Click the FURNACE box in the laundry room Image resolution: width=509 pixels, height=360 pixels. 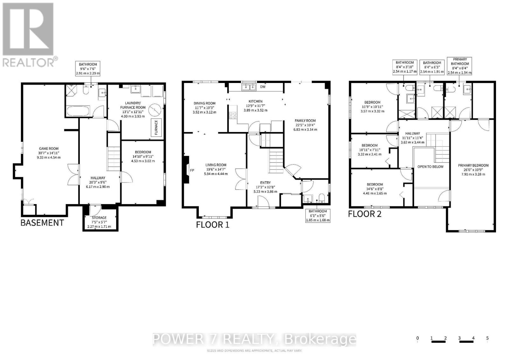point(156,128)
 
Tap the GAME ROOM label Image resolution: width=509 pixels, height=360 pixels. point(49,149)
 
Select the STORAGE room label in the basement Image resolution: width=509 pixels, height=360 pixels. point(99,218)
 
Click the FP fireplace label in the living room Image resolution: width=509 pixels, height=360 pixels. point(192,170)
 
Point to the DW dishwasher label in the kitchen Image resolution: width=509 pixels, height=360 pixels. point(263,87)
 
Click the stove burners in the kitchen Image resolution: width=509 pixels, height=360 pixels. point(233,115)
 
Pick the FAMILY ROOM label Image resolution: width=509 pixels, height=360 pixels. point(305,121)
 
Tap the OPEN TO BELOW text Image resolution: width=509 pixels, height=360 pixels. point(430,167)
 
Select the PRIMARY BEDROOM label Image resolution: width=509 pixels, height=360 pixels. point(473,165)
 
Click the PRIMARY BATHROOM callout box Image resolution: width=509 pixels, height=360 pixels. point(459,66)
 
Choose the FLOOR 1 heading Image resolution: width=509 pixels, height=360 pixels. point(213,225)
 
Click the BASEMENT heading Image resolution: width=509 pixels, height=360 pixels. point(42,223)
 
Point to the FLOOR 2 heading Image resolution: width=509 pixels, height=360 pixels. point(365,214)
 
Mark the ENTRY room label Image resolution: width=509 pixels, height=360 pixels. point(265,182)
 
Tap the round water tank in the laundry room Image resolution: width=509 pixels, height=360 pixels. point(155,110)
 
